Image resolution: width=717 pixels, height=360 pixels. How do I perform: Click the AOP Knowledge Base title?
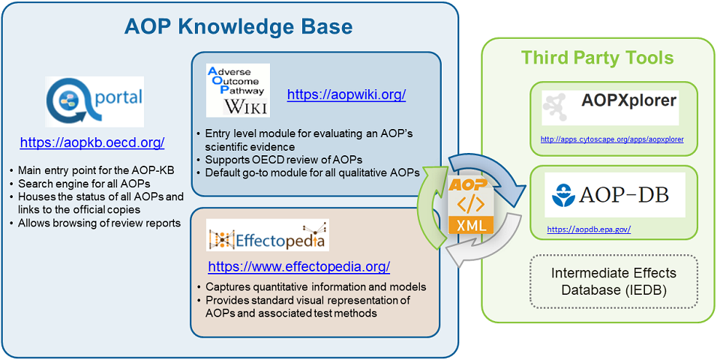pos(238,28)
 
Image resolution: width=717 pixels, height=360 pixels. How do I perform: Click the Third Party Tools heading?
pos(597,58)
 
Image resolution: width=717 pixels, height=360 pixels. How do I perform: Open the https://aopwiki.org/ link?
pos(346,94)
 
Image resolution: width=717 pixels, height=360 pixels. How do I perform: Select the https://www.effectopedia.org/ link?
pos(298,266)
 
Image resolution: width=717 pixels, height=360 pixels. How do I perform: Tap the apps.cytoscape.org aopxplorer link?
pos(612,139)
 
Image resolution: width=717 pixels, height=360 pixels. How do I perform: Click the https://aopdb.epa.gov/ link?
pos(588,229)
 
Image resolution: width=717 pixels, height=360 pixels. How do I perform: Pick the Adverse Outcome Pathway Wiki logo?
pos(238,91)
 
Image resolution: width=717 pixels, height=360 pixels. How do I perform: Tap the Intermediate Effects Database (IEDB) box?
pos(613,281)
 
